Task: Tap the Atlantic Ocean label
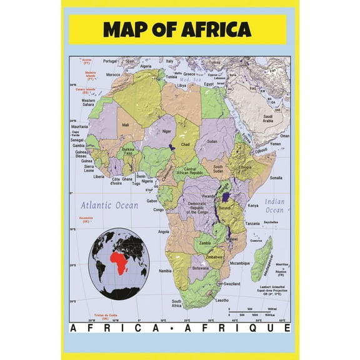tap(109, 205)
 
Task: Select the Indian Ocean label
tap(274, 206)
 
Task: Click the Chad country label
tap(186, 144)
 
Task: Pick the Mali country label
tap(126, 125)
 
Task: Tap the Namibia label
tap(165, 271)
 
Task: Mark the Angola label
tap(164, 232)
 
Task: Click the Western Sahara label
tap(88, 102)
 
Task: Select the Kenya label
tap(253, 206)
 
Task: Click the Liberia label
tap(99, 176)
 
